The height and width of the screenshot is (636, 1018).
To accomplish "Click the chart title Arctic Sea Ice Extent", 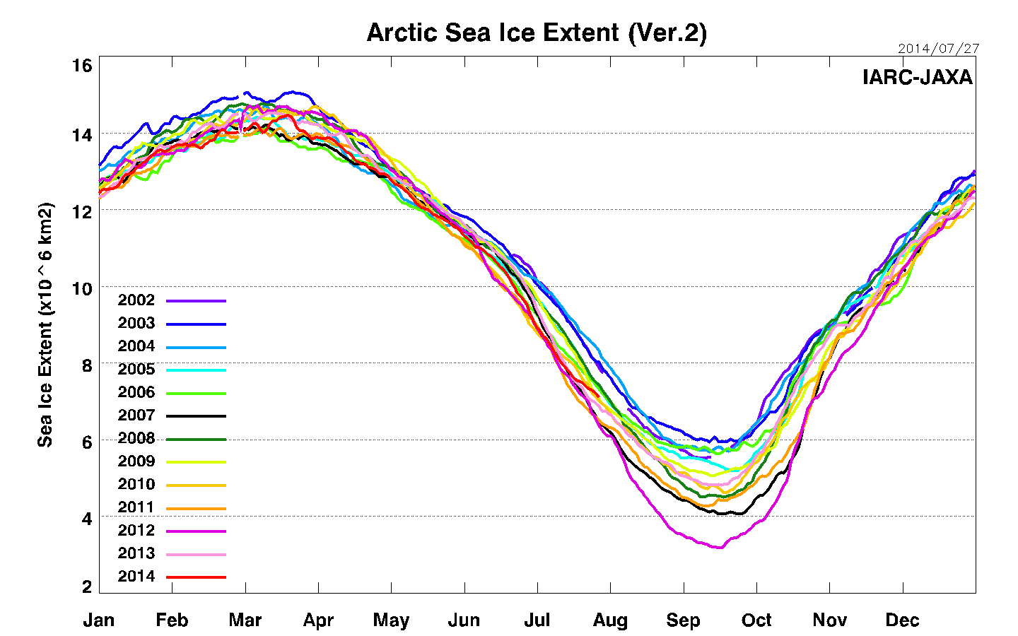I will tap(536, 33).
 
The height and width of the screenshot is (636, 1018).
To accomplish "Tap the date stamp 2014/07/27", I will tap(938, 49).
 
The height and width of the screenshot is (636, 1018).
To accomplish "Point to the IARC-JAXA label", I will tap(917, 77).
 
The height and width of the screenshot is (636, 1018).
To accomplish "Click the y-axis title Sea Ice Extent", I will tap(45, 324).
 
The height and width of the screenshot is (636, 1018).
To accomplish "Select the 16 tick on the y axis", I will tap(82, 66).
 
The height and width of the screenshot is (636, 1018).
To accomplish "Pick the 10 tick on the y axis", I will tap(82, 288).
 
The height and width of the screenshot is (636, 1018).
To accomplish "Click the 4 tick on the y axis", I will tap(86, 519).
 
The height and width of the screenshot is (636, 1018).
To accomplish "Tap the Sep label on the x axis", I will tap(683, 620).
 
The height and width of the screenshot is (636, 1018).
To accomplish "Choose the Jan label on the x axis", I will tap(99, 620).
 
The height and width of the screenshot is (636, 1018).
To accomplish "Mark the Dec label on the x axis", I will tap(902, 620).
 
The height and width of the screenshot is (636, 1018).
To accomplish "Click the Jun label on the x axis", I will tap(464, 620).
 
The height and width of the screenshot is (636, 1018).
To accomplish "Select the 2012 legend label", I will tap(136, 530).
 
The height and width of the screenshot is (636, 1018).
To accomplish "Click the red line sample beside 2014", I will tap(196, 577).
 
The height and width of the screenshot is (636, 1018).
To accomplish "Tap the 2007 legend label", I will tap(136, 416).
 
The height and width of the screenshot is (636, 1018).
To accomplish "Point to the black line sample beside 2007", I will tap(196, 416).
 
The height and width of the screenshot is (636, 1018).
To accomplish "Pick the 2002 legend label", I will tap(136, 300).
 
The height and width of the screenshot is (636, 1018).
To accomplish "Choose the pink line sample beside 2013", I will tap(196, 555).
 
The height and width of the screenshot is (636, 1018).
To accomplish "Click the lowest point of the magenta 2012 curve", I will tap(720, 547).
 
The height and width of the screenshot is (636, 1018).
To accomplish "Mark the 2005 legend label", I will tap(136, 369).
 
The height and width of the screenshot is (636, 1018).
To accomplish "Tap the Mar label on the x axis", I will tap(245, 620).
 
